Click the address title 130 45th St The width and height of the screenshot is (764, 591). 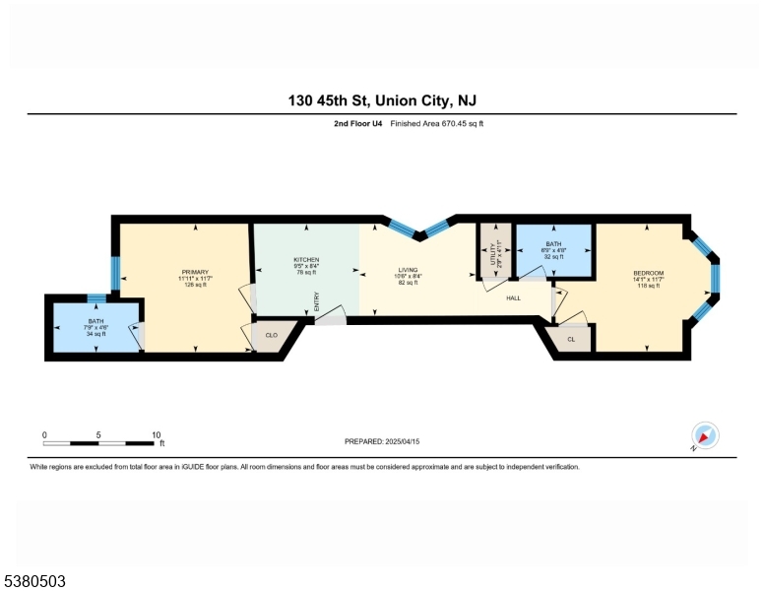[x=382, y=101]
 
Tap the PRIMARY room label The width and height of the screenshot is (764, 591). [x=195, y=272]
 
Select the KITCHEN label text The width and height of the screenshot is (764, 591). [x=307, y=260]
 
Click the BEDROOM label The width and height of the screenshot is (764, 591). [x=648, y=273]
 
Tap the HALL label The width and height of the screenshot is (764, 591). [x=514, y=296]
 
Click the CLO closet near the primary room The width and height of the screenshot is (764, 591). [x=272, y=336]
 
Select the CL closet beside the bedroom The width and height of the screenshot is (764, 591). [x=571, y=339]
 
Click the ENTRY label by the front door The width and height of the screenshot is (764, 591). [x=317, y=301]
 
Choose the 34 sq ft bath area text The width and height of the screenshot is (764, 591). [x=95, y=334]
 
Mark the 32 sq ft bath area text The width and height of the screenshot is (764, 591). [x=553, y=256]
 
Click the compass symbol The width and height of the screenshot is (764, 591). [x=705, y=435]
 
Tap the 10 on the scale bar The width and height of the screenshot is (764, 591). [x=156, y=434]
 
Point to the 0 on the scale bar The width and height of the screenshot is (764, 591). [x=44, y=434]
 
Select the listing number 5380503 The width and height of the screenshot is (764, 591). [x=33, y=581]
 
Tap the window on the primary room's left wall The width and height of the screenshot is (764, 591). [x=115, y=273]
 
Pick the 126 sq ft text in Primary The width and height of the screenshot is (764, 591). [x=195, y=286]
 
